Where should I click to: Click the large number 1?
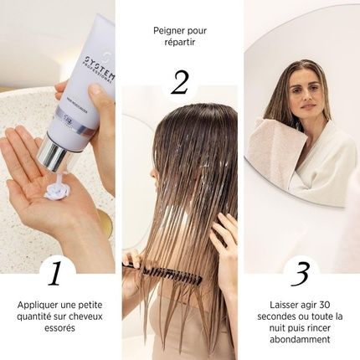point(56,273)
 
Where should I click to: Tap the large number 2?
point(179,81)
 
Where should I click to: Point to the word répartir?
point(179,44)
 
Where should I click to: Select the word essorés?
point(56,329)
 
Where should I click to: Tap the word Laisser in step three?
point(276,305)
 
